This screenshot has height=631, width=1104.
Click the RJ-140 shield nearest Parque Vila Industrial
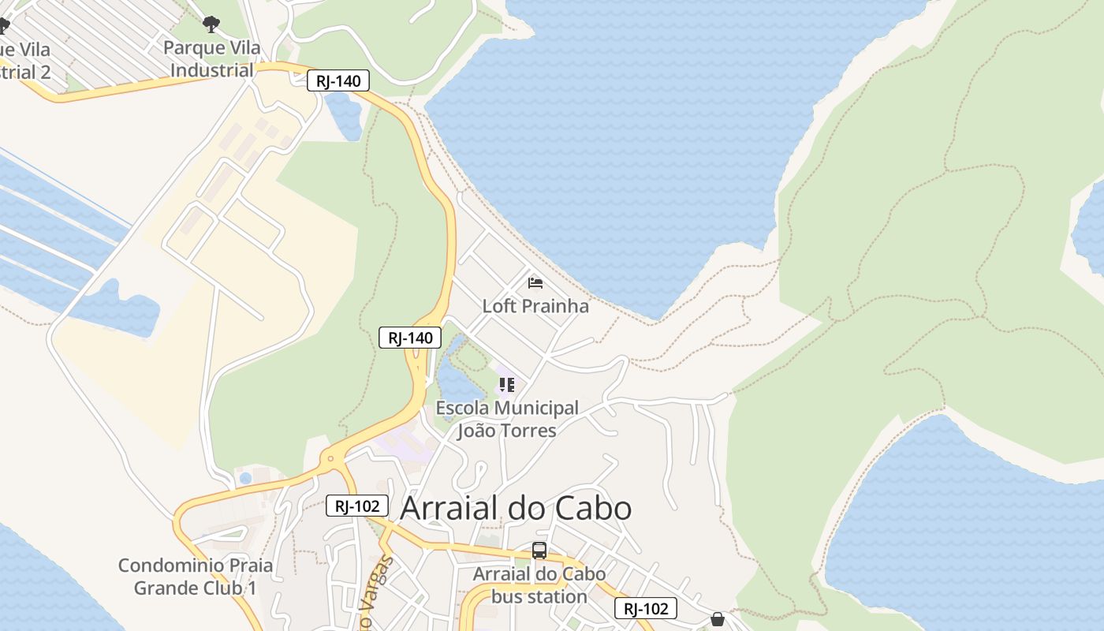coord(338,80)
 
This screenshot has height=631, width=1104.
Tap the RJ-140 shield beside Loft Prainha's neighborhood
coord(410,338)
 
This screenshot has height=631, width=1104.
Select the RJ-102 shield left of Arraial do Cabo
coord(357,506)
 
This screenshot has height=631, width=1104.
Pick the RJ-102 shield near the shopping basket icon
coord(646,608)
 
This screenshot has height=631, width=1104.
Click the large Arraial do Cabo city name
coord(516,509)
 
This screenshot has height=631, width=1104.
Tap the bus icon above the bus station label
coord(539,551)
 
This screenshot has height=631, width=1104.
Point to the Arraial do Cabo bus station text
coord(539,585)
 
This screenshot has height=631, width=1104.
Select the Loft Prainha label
coord(535,306)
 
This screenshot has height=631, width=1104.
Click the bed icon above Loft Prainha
coord(535,283)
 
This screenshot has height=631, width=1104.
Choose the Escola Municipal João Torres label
coord(507,419)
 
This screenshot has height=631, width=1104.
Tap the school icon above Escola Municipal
coord(506,385)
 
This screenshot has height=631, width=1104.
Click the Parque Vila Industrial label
coord(211,59)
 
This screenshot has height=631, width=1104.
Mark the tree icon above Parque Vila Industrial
coord(211,25)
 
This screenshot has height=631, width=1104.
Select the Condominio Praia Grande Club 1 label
coord(195,577)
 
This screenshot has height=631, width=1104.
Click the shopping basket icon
coord(718,619)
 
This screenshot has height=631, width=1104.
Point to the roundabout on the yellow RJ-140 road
coord(331,458)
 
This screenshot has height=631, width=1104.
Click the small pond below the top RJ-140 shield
coord(345,114)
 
